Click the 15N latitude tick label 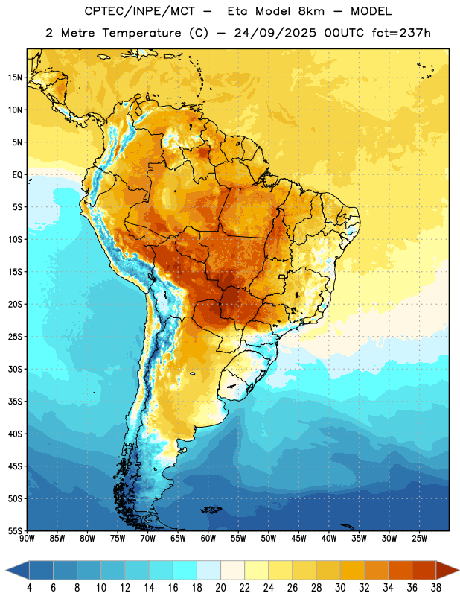[x=15, y=77]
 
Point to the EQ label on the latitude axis [x=17, y=175]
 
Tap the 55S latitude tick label [x=15, y=530]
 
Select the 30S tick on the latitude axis [x=15, y=369]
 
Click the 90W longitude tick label [x=27, y=539]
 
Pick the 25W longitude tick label [x=419, y=539]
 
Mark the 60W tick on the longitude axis [x=208, y=539]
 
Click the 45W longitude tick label [x=298, y=539]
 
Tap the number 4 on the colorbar [x=29, y=588]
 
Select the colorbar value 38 [x=436, y=588]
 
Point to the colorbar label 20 [x=220, y=588]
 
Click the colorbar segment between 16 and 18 [x=185, y=571]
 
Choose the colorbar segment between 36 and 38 [x=424, y=571]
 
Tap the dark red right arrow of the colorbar [x=447, y=571]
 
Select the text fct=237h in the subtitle [x=401, y=33]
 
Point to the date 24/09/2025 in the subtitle [x=275, y=34]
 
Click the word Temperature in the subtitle [x=141, y=34]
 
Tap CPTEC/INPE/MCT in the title [x=139, y=12]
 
